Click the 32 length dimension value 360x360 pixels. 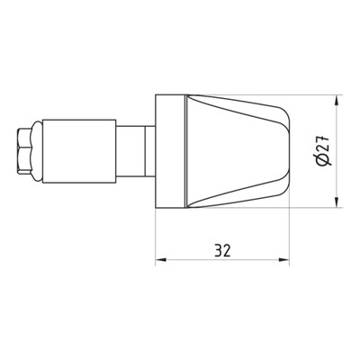tap(222, 251)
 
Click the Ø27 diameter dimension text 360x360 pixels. tap(323, 150)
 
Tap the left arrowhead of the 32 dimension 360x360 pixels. tap(161, 260)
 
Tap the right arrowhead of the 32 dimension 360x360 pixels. tap(283, 260)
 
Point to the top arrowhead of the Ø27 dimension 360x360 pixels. tap(337, 100)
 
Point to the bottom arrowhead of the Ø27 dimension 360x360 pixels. tap(337, 202)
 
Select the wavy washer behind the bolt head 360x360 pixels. tap(38, 151)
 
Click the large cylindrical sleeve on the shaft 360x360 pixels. tap(79, 151)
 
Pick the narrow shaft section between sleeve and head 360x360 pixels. tap(130, 151)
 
